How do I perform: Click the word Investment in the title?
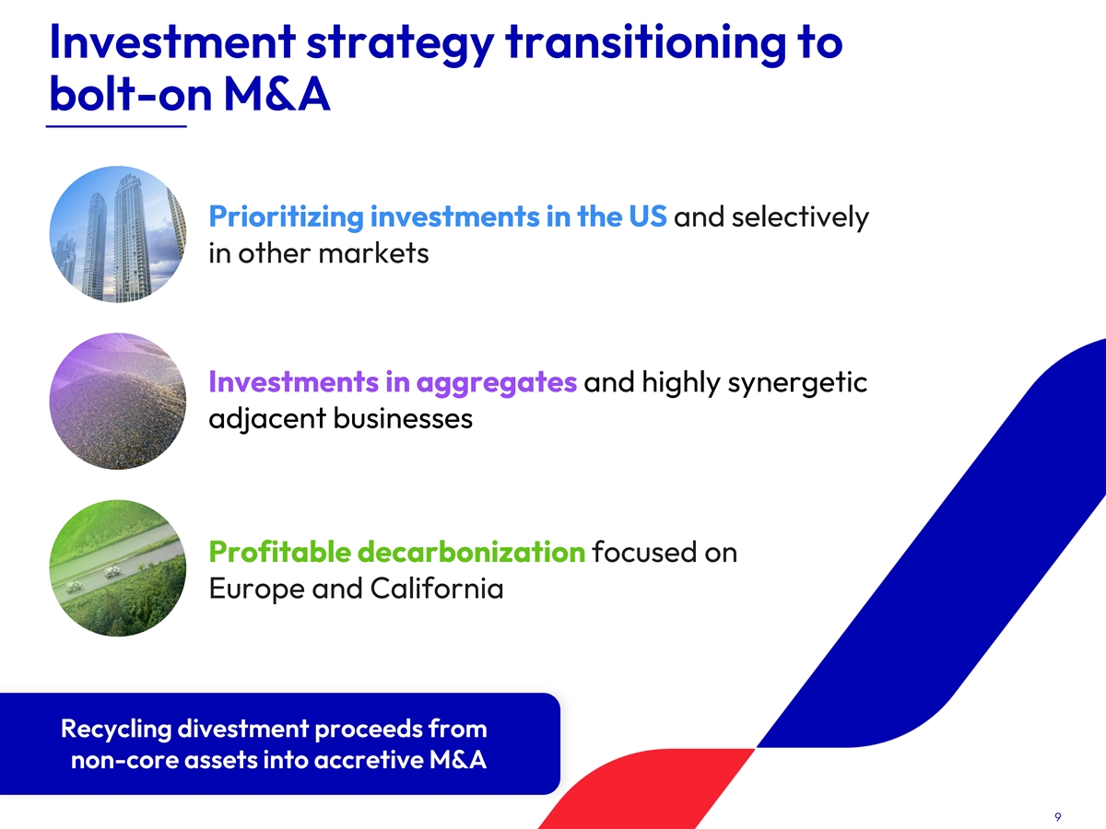172,42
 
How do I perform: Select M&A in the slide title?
277,94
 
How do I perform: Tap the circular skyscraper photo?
117,235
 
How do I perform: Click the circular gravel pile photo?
117,402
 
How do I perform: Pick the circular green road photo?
117,567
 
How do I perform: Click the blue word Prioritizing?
287,217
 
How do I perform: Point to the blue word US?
648,216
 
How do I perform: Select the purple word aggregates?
496,382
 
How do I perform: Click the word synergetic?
797,382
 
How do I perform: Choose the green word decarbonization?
471,552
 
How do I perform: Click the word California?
437,588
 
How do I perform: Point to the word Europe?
257,589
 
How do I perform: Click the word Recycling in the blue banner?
116,730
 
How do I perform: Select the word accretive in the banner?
369,760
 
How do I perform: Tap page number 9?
1058,816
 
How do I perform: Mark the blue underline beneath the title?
116,126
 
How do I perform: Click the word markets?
373,252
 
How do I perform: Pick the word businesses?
403,418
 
